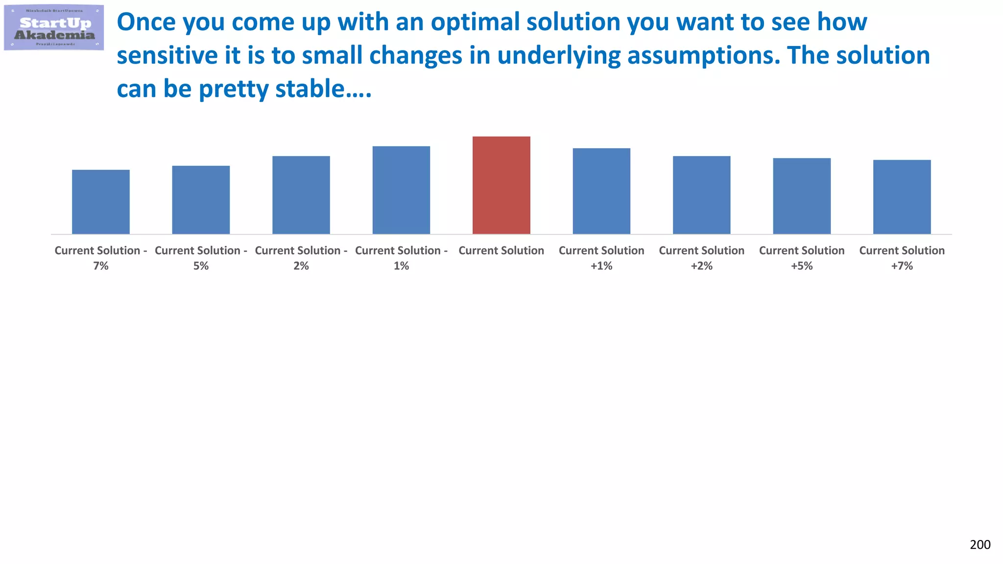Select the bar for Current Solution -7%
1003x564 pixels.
click(101, 202)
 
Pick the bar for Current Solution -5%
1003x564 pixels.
click(201, 200)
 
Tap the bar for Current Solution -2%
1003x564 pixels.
click(301, 195)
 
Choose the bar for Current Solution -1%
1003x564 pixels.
click(401, 190)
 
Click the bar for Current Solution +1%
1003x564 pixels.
click(601, 191)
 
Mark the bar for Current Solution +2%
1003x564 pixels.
click(701, 195)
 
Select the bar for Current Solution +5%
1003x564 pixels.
click(802, 196)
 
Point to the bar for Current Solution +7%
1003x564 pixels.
click(902, 197)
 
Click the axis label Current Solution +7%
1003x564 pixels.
click(902, 258)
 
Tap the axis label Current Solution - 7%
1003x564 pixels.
click(101, 258)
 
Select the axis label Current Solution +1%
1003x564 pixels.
click(601, 258)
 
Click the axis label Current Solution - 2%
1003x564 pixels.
click(301, 258)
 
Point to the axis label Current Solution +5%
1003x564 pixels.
click(802, 258)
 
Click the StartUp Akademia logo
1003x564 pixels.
click(54, 27)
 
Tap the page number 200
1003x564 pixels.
click(980, 545)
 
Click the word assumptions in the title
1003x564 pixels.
click(703, 56)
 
